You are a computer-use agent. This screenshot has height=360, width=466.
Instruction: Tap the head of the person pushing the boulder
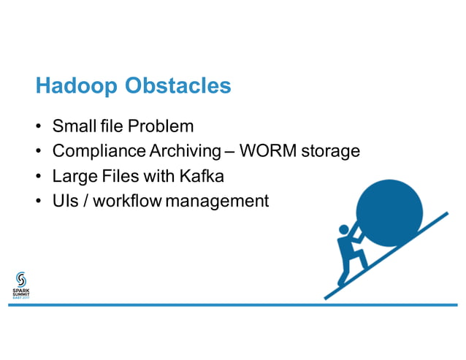pos(344,231)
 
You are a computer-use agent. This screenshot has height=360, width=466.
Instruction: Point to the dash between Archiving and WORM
pos(230,153)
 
